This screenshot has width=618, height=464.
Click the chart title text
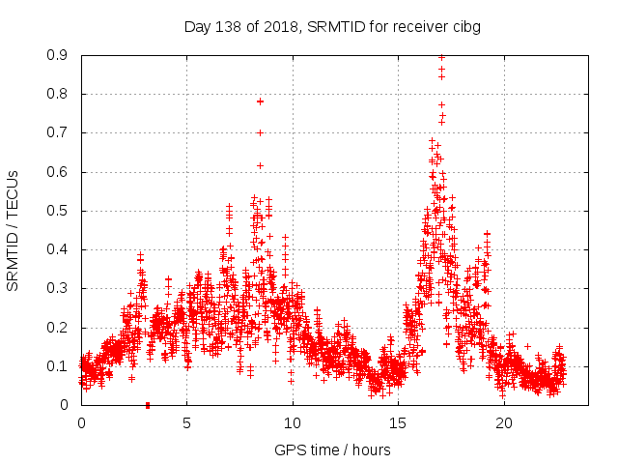coord(332,26)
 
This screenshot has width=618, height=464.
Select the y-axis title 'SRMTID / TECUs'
coord(13,230)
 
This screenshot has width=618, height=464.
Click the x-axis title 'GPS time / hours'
coord(332,449)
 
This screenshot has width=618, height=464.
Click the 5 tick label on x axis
coord(187,422)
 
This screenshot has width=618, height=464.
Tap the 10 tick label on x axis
coord(293,422)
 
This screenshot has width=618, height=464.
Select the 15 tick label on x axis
coord(399,422)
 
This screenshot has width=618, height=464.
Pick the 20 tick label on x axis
coord(505,422)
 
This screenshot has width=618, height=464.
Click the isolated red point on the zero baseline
coord(147,405)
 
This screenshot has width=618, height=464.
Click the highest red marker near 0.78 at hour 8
coord(260,101)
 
